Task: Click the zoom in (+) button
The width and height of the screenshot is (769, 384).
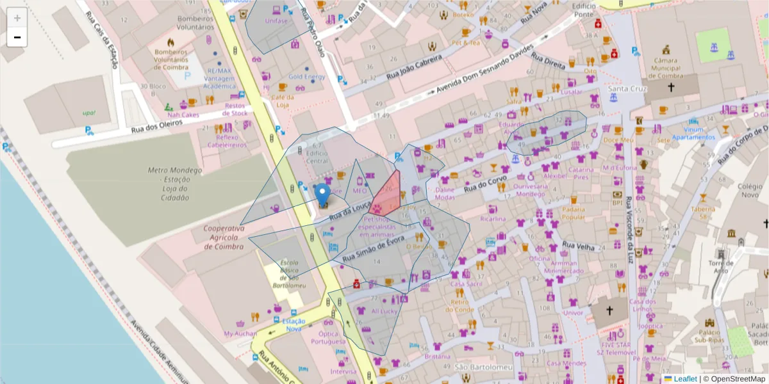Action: [x=17, y=18]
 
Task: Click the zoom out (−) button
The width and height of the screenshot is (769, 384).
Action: [x=17, y=37]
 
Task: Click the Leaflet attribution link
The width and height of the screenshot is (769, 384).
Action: [x=684, y=379]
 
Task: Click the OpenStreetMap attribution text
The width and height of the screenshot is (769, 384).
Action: [x=737, y=379]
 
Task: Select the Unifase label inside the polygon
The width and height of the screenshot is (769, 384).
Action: [x=276, y=20]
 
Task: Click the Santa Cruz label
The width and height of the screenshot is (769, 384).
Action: [x=627, y=88]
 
